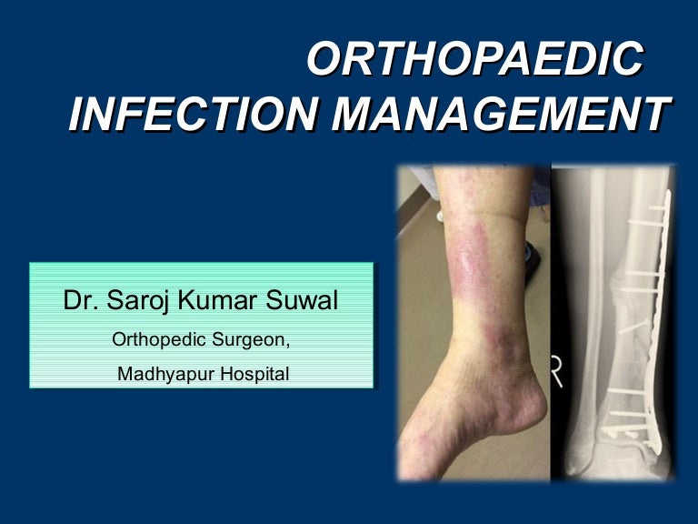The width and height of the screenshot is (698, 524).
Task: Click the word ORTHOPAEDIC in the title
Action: pos(474,61)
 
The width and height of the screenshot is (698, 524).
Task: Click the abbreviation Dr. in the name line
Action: pos(80,301)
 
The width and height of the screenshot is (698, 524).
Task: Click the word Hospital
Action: pos(257,373)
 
